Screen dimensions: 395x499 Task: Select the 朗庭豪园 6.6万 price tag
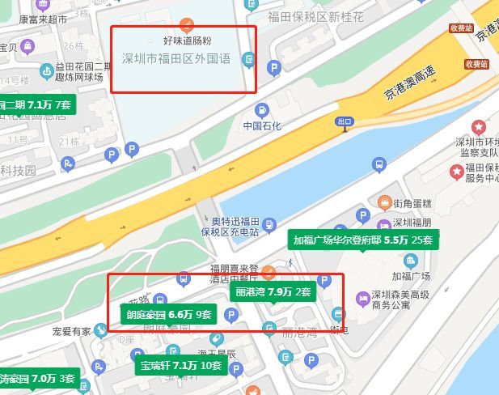point(168,314)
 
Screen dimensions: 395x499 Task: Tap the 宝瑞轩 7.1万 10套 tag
point(180,365)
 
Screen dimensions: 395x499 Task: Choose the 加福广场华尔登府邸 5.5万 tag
point(363,240)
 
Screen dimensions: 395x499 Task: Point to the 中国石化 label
point(262,126)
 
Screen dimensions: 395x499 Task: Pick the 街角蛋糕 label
point(412,202)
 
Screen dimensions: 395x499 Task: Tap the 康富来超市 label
point(43,18)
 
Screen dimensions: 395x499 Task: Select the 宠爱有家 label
point(72,331)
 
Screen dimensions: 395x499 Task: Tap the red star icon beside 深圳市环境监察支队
point(480,127)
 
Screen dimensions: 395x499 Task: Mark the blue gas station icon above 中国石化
point(262,109)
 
